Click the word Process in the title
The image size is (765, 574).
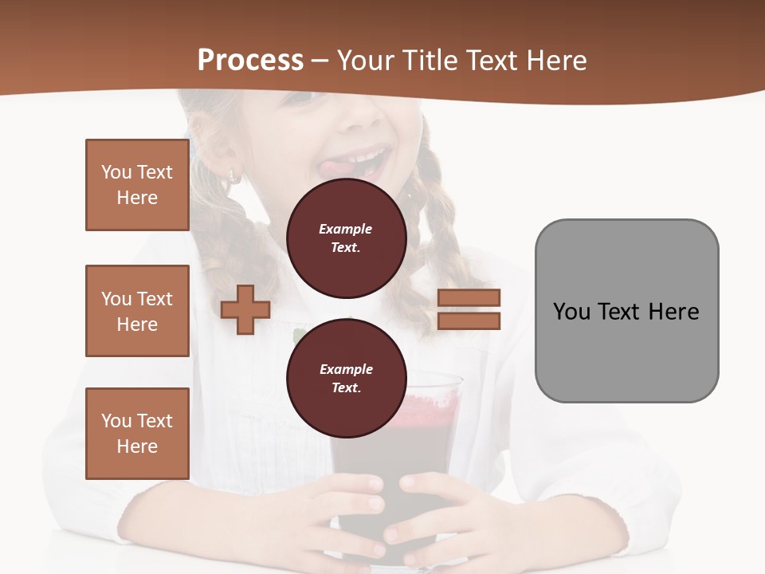click(250, 61)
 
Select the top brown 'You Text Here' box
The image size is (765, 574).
click(137, 185)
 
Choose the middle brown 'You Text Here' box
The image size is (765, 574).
click(137, 311)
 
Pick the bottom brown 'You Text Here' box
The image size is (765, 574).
click(137, 434)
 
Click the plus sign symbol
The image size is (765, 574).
click(245, 310)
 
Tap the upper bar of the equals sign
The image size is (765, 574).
click(469, 298)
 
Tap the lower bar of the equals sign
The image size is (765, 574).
click(469, 321)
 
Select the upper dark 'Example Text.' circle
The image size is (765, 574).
click(346, 238)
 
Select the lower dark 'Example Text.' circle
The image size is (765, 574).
click(346, 378)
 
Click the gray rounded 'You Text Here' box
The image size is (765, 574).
click(626, 311)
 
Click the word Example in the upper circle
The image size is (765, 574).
click(345, 229)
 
